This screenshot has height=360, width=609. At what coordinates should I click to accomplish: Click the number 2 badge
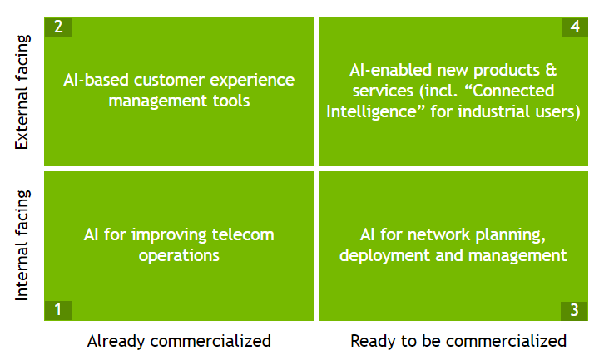click(58, 27)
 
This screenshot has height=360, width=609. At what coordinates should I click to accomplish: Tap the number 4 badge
click(575, 27)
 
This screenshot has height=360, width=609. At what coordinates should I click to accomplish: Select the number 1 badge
click(58, 310)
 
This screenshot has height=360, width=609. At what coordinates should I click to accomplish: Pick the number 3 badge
click(574, 310)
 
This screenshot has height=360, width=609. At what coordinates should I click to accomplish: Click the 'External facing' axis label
click(22, 92)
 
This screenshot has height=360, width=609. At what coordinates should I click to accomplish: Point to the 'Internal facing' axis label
click(22, 245)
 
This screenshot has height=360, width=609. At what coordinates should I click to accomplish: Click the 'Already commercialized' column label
click(179, 342)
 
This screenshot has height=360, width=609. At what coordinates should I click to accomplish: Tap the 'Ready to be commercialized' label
click(458, 342)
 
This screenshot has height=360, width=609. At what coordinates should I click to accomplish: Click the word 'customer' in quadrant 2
click(170, 81)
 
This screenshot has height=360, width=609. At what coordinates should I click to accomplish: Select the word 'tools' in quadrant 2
click(231, 101)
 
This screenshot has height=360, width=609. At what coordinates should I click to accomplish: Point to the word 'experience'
click(252, 81)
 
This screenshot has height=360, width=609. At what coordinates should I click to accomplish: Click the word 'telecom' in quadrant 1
click(243, 234)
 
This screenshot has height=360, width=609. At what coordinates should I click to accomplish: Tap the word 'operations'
click(179, 256)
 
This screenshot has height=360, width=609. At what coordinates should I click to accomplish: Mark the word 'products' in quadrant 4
click(507, 71)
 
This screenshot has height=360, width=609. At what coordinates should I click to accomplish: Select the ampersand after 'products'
click(551, 70)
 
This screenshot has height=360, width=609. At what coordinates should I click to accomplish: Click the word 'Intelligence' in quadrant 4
click(376, 112)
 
